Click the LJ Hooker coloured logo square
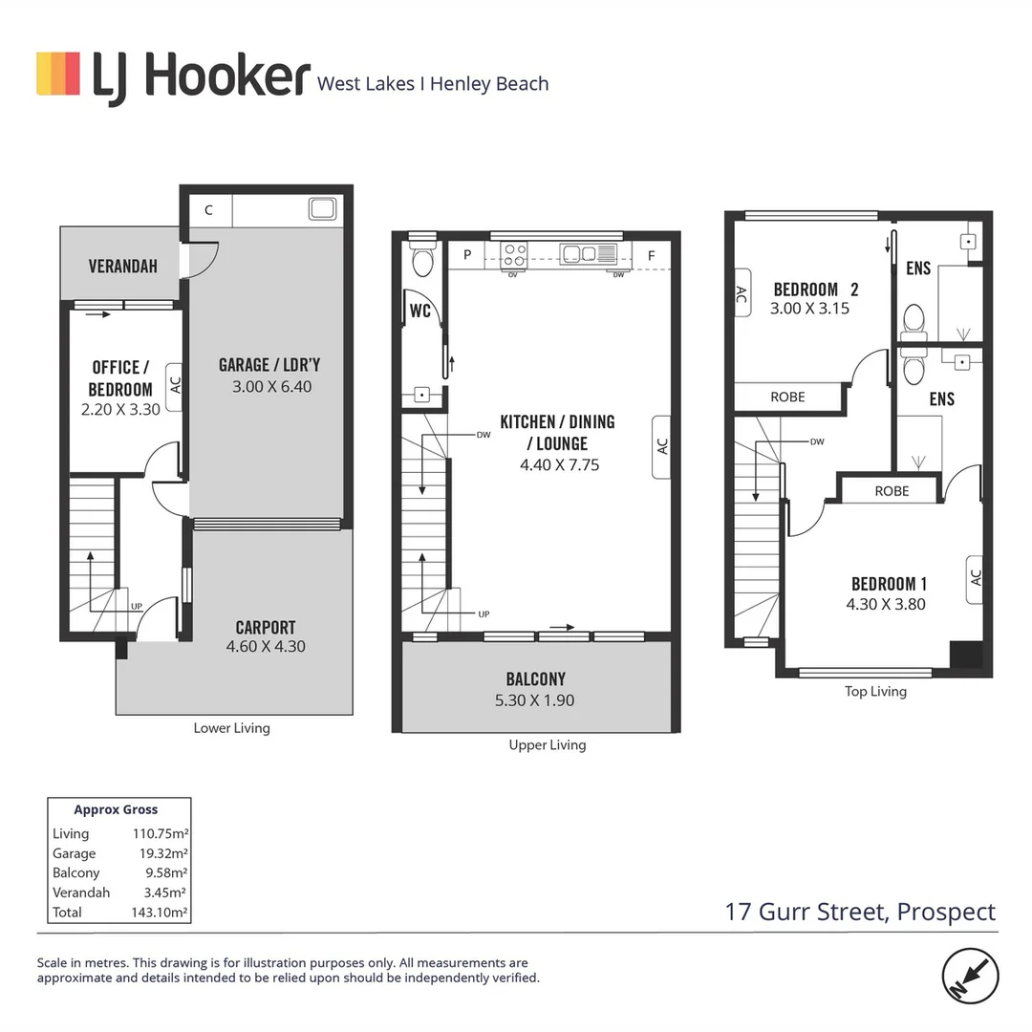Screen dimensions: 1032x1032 [x=57, y=74]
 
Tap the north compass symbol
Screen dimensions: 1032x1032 [x=971, y=976]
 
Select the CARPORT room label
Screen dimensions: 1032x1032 [x=266, y=628]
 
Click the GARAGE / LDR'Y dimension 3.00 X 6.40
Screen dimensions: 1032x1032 [x=271, y=387]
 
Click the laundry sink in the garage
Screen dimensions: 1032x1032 [x=321, y=208]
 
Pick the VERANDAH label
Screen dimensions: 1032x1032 [x=122, y=267]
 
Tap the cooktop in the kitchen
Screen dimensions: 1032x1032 [x=515, y=254]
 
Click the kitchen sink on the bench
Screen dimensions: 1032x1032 [x=580, y=253]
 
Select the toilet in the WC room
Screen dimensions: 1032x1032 [x=421, y=261]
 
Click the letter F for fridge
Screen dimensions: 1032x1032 [x=651, y=255]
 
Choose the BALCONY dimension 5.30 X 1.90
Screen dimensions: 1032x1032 [x=535, y=700]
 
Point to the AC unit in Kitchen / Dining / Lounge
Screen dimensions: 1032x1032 [x=662, y=446]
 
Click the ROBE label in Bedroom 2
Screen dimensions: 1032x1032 [x=787, y=397]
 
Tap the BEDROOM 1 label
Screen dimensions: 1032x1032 [x=889, y=584]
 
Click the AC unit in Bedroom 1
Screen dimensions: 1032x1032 [x=975, y=578]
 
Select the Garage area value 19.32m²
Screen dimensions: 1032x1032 [x=160, y=853]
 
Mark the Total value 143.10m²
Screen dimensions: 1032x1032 [x=160, y=913]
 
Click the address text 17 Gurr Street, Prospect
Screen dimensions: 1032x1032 [x=860, y=912]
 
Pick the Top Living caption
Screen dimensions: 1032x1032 [x=875, y=691]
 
